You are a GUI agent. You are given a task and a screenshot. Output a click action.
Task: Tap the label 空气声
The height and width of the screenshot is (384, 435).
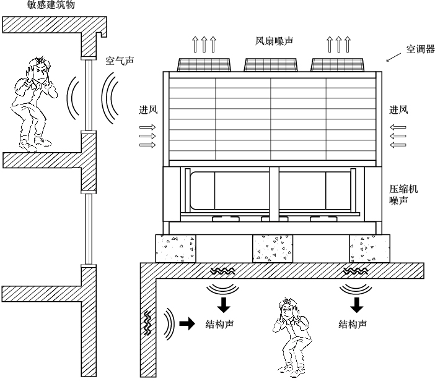[119, 62]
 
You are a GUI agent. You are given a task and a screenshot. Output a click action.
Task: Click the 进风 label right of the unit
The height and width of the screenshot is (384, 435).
[398, 111]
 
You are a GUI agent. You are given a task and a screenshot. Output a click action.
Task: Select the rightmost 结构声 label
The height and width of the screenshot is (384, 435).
[352, 323]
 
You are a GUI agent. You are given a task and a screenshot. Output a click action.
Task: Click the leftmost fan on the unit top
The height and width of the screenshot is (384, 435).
[204, 64]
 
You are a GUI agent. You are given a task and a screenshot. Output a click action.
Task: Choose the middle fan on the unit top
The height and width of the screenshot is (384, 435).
[270, 64]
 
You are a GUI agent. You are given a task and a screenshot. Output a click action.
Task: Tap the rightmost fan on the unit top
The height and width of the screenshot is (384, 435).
[337, 64]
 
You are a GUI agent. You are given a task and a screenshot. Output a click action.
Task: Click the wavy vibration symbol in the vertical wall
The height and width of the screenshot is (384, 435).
[147, 322]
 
